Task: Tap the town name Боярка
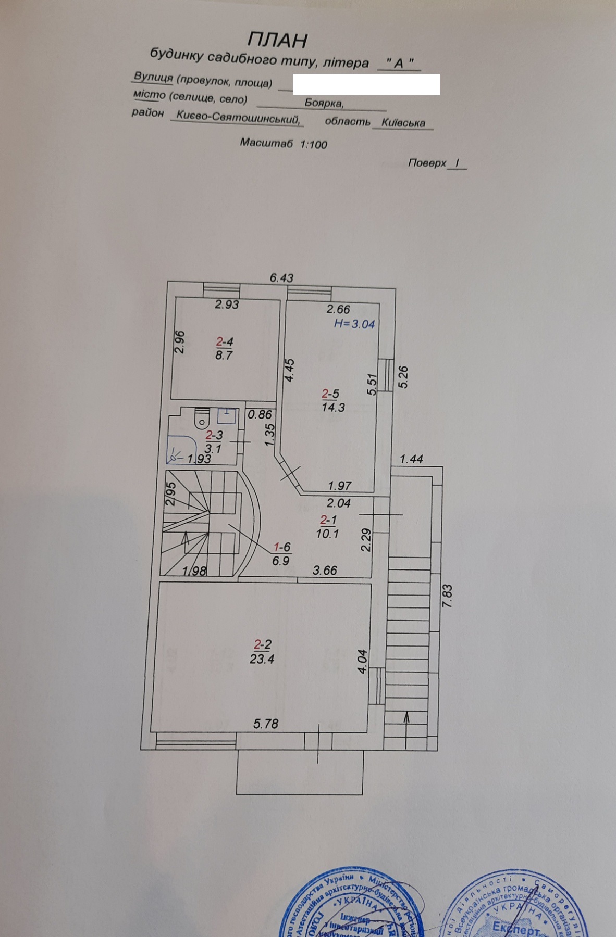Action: pos(324,104)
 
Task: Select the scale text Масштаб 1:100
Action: pos(284,143)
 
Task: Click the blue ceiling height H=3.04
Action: pos(354,324)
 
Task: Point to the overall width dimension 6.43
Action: pos(281,278)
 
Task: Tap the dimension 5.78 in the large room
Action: pos(266,723)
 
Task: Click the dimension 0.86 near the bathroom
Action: pos(260,415)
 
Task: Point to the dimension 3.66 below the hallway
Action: pos(325,570)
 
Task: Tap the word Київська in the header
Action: pos(403,123)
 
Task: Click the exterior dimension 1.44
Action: pos(412,459)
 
